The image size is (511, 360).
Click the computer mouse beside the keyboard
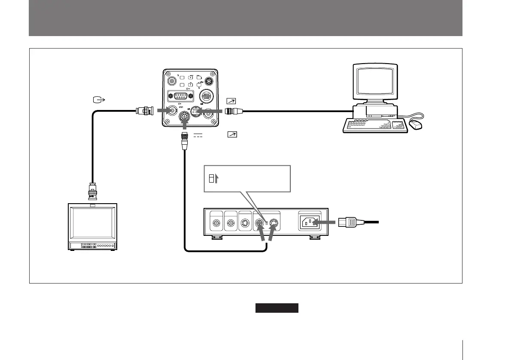(x=416, y=125)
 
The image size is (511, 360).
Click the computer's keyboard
(x=374, y=126)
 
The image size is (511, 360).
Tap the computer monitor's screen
(x=374, y=83)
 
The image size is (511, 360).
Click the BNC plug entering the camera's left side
(x=146, y=111)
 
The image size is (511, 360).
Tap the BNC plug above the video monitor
(x=92, y=191)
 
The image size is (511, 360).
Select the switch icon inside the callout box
(x=211, y=179)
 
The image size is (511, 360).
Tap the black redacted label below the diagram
(x=277, y=308)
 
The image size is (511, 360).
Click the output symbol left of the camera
(x=98, y=101)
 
